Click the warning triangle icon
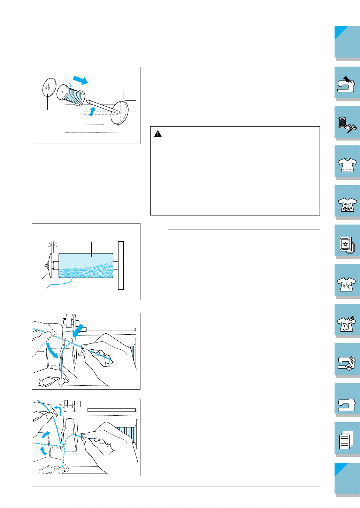[x=158, y=134]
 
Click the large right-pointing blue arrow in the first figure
[x=80, y=80]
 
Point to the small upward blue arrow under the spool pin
[x=92, y=111]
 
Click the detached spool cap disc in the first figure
[x=49, y=87]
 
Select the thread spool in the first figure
[x=71, y=95]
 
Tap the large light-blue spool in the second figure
[x=86, y=266]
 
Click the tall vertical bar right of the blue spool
[x=121, y=265]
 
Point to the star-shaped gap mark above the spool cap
[x=53, y=245]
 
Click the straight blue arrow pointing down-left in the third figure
[x=78, y=330]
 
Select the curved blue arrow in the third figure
[x=52, y=350]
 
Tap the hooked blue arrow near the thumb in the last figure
[x=58, y=411]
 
